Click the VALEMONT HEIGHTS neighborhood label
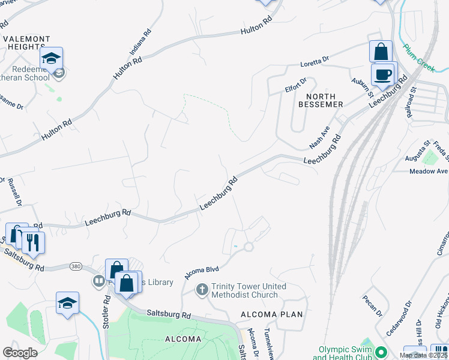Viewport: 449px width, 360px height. (x=26, y=42)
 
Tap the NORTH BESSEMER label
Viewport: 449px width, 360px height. (x=324, y=100)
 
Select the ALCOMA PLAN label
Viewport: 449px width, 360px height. (x=272, y=314)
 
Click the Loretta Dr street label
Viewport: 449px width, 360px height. (x=316, y=61)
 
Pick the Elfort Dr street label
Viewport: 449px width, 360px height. (x=295, y=85)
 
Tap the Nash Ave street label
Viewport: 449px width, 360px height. (x=319, y=137)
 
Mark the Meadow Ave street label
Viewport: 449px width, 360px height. (x=429, y=171)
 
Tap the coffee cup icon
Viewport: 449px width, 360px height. (x=383, y=74)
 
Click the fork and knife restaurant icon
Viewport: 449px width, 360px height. (x=33, y=242)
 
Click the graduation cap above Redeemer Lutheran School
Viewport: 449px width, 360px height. (x=52, y=59)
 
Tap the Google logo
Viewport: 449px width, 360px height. (x=20, y=353)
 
